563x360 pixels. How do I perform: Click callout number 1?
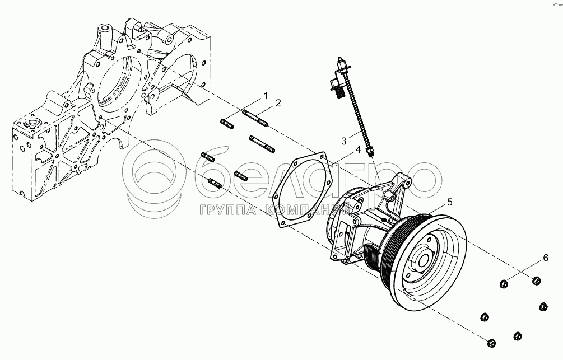point(266,96)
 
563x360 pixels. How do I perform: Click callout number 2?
point(278,104)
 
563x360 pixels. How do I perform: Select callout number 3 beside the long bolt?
point(343,141)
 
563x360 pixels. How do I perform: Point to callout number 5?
point(449,203)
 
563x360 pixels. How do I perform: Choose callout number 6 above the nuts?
point(546,258)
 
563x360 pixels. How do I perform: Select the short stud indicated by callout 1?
point(227,124)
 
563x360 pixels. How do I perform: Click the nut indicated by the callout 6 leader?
point(504,284)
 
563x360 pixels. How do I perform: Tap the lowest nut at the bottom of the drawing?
point(491,343)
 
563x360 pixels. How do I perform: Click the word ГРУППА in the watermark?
point(227,211)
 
